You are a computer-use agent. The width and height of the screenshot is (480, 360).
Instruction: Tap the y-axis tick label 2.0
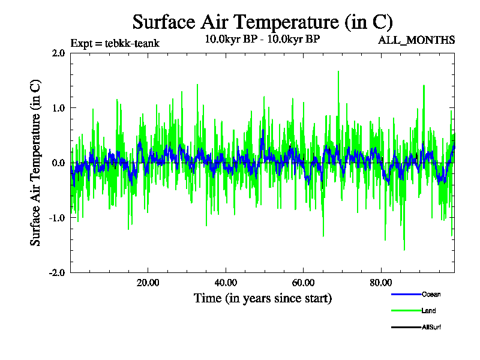pos(58,53)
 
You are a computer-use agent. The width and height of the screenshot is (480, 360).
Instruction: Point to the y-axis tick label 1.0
pos(58,108)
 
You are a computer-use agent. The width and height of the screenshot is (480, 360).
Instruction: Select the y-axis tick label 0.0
pos(58,163)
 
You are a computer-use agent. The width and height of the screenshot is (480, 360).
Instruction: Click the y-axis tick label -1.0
pos(57,218)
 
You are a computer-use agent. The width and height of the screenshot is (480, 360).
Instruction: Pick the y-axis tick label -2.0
pos(57,272)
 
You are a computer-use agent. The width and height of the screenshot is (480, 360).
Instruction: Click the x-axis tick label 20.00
pos(148,283)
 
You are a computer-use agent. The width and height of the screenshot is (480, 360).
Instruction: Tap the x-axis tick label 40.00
pos(225,283)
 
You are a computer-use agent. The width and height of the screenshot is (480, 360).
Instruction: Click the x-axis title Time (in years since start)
pos(262,298)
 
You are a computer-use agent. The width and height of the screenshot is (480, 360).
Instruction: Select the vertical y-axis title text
pos(36,163)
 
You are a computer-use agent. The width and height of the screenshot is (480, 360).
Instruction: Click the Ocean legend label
pos(431,294)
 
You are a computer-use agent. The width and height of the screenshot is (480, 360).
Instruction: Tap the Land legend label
pos(429,311)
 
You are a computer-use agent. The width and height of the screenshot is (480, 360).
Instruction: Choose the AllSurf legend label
pos(432,327)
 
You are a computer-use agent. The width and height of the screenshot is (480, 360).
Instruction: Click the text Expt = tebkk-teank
pos(115,43)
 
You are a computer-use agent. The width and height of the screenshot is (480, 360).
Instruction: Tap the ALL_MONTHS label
pos(416,40)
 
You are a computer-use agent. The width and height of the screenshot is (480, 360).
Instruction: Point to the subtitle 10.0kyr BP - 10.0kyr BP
pos(262,40)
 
